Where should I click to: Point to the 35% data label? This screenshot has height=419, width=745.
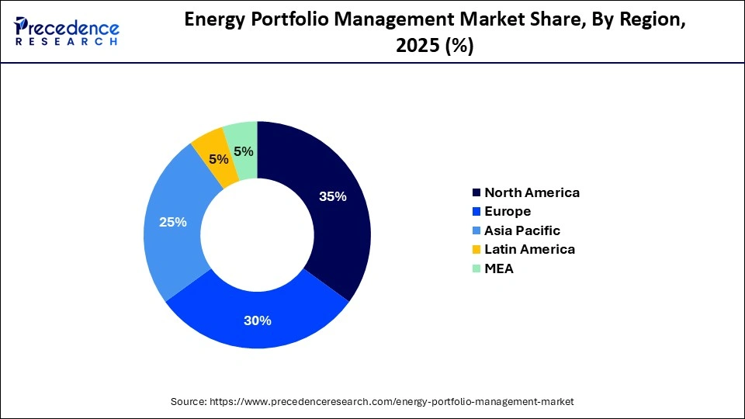[332, 196]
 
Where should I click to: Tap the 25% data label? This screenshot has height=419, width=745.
[172, 222]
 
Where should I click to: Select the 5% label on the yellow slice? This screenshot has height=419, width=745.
[219, 159]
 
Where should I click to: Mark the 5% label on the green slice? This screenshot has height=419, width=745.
[244, 151]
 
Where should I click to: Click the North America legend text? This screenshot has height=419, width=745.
[532, 192]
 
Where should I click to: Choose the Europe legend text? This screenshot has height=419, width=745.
[508, 211]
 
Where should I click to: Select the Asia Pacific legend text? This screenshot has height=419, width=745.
[521, 230]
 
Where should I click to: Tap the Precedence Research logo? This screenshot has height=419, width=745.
[67, 31]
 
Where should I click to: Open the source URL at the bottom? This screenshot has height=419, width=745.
[372, 401]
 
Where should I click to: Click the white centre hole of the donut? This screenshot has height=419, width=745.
[257, 234]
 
